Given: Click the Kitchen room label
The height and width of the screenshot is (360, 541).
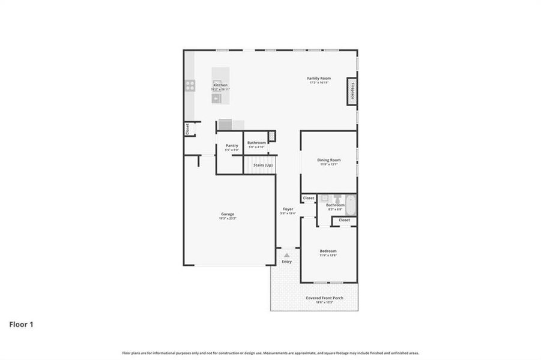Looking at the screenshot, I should [220, 85].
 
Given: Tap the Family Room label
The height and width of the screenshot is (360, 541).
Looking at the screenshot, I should [319, 79].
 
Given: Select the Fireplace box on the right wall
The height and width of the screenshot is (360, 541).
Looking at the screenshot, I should [352, 92].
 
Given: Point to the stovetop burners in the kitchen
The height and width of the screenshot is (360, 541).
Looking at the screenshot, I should [190, 85].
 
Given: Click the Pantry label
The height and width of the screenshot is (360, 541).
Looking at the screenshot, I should [232, 146].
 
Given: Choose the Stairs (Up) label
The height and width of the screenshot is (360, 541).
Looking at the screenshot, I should [262, 164].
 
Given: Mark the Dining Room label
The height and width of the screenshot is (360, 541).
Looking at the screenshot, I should [329, 160].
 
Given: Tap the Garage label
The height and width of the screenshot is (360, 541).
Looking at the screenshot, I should [228, 214].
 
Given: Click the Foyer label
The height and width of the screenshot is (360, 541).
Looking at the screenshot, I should [288, 209].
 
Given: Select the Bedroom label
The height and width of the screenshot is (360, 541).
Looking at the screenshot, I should [328, 251].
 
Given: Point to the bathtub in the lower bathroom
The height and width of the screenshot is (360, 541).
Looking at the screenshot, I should [351, 205].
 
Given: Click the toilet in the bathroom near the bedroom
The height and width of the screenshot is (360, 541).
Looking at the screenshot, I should [337, 199].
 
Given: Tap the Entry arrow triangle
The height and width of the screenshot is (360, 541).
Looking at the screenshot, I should [287, 255].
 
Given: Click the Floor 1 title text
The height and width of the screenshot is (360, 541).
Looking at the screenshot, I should [21, 325].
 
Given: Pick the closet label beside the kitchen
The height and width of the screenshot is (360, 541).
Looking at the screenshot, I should [187, 129].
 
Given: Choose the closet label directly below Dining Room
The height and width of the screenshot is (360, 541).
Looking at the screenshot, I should [309, 198].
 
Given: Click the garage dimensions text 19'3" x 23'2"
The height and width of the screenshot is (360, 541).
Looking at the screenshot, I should [228, 219].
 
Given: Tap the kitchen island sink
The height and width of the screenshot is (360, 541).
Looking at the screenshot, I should [217, 96].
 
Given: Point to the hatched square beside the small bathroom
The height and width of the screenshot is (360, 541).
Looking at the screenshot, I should [271, 136].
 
